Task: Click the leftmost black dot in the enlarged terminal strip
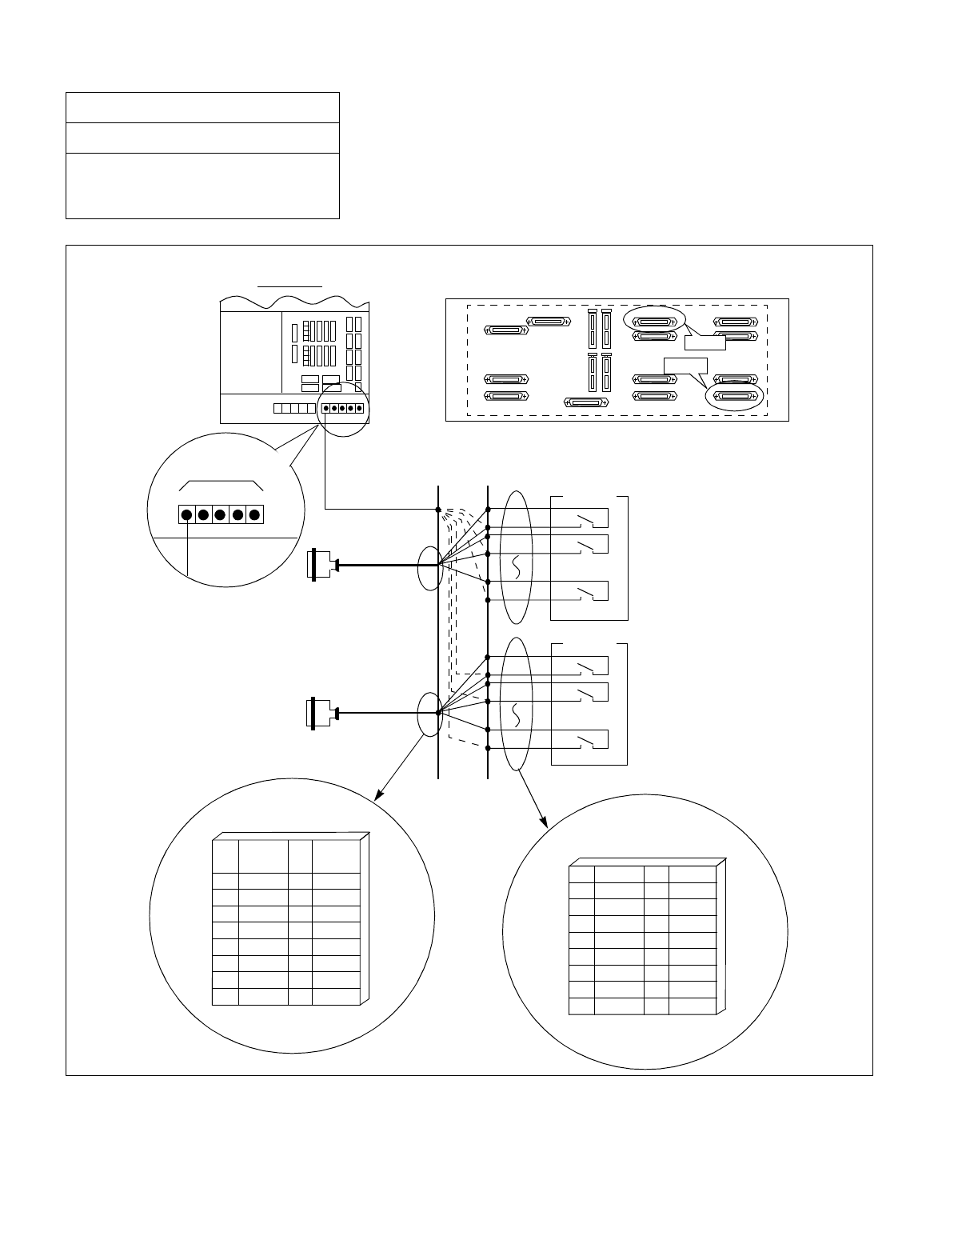(186, 514)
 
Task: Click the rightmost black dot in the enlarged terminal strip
(255, 514)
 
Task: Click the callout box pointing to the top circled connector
(704, 342)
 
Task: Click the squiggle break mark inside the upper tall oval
(516, 567)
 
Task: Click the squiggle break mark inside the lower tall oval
(516, 714)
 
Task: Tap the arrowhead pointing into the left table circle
(378, 795)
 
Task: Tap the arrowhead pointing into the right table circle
(546, 823)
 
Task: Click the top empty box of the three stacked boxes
(202, 107)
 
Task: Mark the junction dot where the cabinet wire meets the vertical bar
(438, 510)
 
